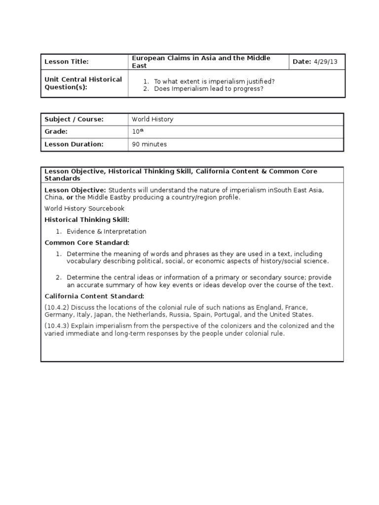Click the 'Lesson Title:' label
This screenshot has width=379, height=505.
(x=67, y=62)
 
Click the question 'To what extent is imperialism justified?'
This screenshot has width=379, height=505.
(x=214, y=81)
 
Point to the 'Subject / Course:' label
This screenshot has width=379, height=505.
(x=74, y=119)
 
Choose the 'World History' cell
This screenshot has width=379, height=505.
(x=152, y=119)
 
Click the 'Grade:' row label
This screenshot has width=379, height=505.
(x=56, y=132)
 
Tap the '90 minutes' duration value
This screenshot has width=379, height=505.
(x=149, y=144)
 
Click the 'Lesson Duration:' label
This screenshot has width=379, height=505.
(x=74, y=144)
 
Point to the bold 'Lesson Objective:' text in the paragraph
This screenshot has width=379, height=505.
(x=75, y=190)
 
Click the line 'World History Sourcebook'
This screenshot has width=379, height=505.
(x=84, y=209)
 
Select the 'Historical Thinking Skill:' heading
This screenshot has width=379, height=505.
(x=87, y=220)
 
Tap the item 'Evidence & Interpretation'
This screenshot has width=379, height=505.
(x=107, y=231)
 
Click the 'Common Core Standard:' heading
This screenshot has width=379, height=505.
(x=87, y=243)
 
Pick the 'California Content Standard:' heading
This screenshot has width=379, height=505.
(x=94, y=296)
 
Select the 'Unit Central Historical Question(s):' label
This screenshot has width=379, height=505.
(x=83, y=83)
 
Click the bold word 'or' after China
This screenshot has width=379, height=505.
(x=70, y=197)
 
